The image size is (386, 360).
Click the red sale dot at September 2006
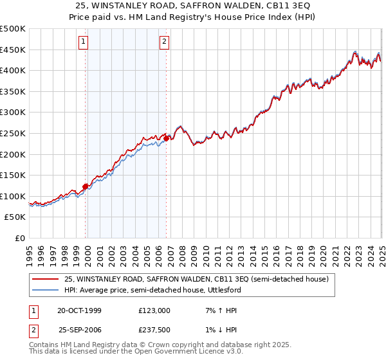tap(166, 138)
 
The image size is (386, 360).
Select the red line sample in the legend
tap(45, 279)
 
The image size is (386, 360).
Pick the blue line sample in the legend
tap(45, 289)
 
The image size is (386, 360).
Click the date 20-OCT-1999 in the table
tap(79, 310)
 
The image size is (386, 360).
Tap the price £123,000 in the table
tap(154, 310)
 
